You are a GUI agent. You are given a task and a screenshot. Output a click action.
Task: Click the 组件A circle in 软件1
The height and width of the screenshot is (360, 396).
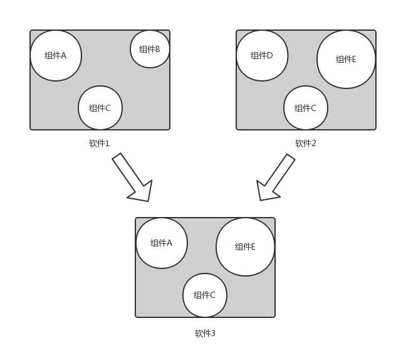(x=56, y=55)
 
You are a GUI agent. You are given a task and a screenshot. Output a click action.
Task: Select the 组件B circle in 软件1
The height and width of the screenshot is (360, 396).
(x=150, y=49)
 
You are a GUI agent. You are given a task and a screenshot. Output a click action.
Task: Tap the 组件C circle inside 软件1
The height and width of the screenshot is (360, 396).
(x=100, y=108)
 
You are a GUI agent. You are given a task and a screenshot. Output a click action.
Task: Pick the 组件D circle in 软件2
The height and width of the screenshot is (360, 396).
(x=262, y=55)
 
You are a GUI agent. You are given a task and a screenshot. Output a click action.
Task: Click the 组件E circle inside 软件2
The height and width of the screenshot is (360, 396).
(x=346, y=59)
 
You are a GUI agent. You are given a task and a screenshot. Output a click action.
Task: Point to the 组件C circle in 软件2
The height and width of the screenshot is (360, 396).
(x=306, y=108)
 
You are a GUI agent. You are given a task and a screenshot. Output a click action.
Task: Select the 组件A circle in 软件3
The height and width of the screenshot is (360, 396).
(x=162, y=243)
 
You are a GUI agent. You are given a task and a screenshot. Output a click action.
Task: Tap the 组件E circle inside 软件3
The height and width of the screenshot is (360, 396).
(x=245, y=246)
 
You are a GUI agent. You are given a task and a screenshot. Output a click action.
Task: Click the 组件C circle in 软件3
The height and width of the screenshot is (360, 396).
(x=205, y=295)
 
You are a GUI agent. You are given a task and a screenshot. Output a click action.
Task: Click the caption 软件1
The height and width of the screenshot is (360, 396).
(x=100, y=144)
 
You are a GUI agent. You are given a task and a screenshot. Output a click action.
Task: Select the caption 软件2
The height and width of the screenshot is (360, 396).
(x=306, y=144)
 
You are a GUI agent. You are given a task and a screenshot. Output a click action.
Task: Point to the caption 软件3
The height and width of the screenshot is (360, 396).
(x=205, y=334)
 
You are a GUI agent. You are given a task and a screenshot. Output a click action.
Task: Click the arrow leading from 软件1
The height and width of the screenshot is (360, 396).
(x=133, y=178)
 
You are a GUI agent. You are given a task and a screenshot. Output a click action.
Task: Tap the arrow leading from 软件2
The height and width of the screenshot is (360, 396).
(x=275, y=178)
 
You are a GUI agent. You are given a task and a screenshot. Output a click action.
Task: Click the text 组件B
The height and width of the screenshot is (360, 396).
(x=150, y=49)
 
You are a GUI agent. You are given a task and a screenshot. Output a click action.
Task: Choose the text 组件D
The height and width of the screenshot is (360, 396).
(x=262, y=55)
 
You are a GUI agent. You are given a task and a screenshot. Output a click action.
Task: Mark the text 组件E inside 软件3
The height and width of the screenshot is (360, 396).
(x=245, y=246)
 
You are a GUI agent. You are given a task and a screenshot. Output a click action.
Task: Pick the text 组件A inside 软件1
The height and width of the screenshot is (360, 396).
(x=56, y=55)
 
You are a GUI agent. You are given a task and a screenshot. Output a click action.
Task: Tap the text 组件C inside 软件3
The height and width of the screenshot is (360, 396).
(x=205, y=295)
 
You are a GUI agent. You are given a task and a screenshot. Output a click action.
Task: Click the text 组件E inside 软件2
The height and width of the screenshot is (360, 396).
(x=346, y=59)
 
